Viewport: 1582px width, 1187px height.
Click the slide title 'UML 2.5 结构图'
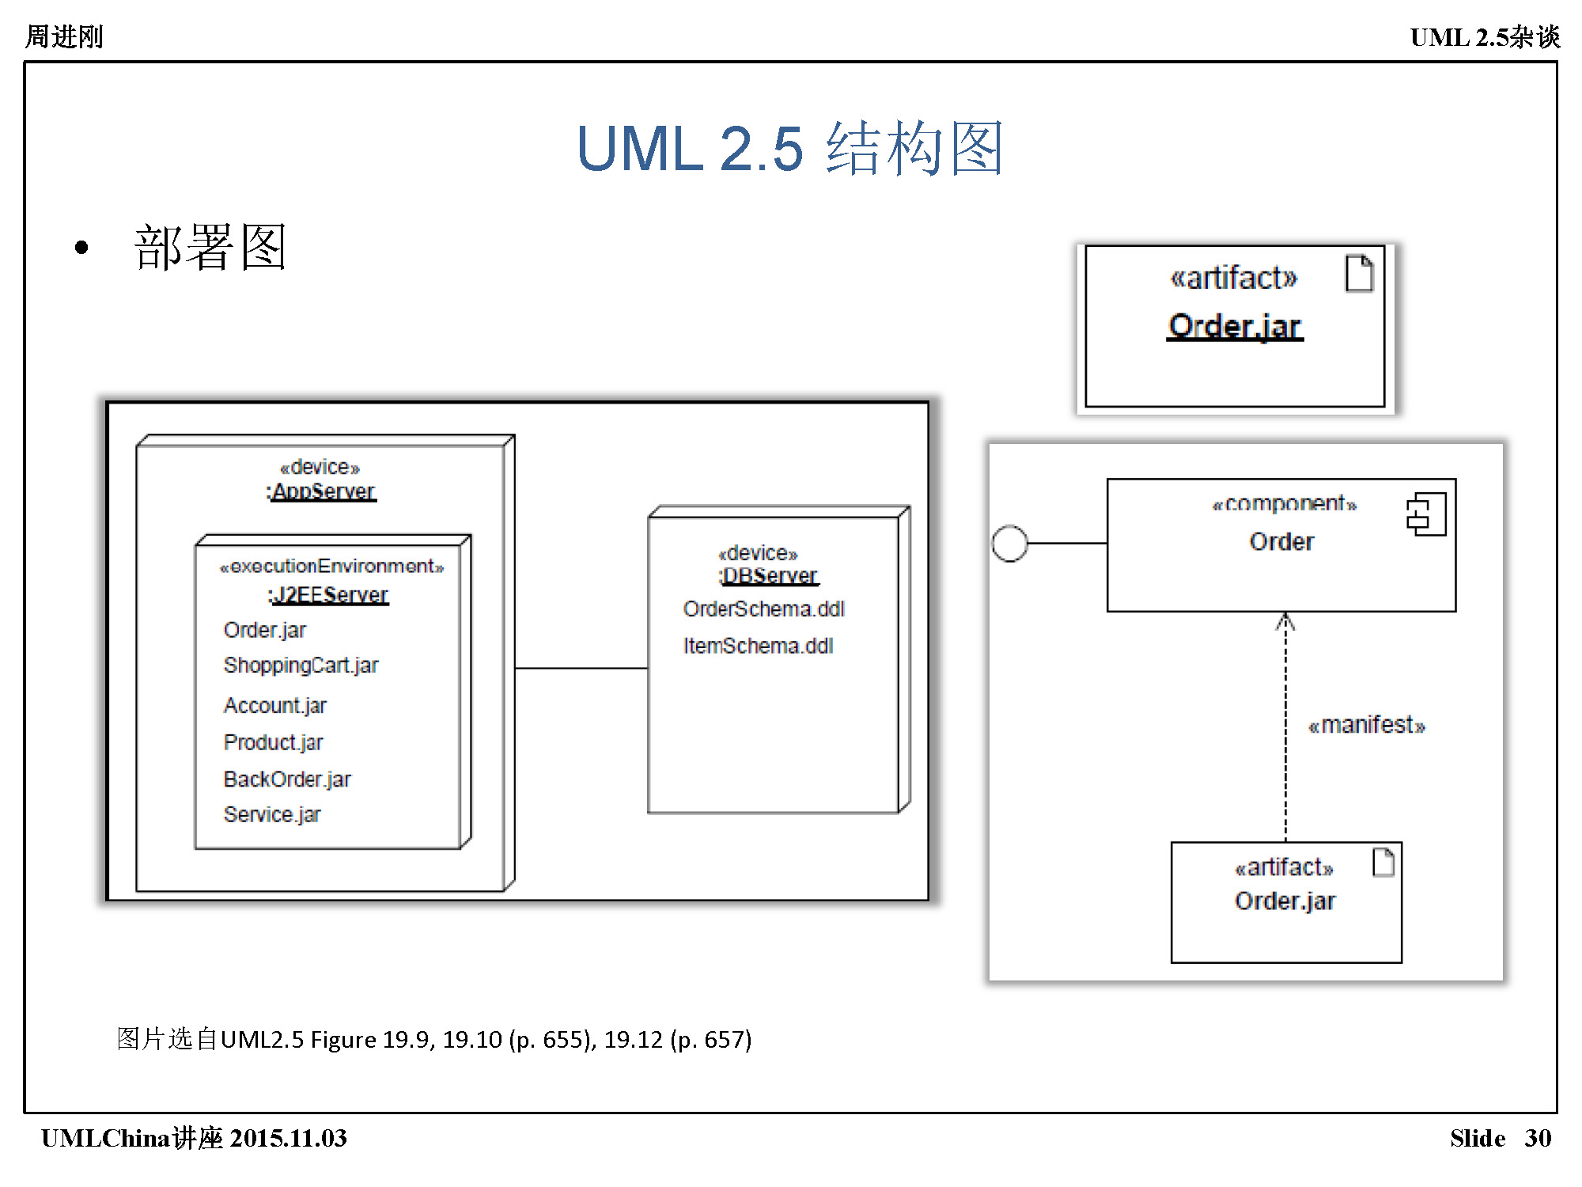tap(789, 148)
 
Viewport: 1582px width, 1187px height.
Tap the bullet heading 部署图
tap(210, 247)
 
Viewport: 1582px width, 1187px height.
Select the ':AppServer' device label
tap(322, 491)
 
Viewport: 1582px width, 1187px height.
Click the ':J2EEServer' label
tap(329, 594)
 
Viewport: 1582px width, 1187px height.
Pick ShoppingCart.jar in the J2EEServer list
tap(301, 666)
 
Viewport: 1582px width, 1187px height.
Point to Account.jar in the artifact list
tap(274, 705)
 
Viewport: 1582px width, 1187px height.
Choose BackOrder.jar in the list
tap(286, 779)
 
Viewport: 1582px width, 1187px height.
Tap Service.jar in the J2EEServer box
tap(272, 814)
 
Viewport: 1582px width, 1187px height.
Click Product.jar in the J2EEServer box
tap(273, 742)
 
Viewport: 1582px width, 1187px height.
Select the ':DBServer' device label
tap(769, 575)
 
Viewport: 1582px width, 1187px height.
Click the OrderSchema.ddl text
tap(763, 609)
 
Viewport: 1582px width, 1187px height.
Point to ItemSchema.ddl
tap(758, 646)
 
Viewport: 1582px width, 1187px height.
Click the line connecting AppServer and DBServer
tap(581, 669)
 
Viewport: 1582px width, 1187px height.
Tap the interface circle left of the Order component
tap(1009, 544)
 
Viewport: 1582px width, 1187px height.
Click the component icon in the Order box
tap(1426, 514)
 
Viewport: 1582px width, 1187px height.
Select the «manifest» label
tap(1366, 725)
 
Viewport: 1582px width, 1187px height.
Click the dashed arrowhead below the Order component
tap(1285, 622)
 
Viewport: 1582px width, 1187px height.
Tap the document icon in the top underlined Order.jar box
tap(1359, 274)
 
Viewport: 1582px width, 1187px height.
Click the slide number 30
tap(1538, 1138)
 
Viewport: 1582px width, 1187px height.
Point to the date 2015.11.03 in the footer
tap(289, 1138)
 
